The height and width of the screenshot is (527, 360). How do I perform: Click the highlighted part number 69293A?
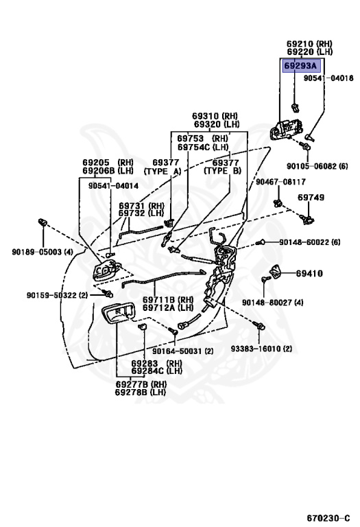click(x=300, y=66)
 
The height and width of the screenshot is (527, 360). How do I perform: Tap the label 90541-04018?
click(x=328, y=78)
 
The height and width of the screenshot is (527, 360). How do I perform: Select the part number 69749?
click(x=311, y=198)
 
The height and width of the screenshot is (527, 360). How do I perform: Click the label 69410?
click(x=309, y=273)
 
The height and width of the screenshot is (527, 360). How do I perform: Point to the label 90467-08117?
click(x=280, y=182)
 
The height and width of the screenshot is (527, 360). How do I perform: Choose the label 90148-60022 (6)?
click(x=310, y=242)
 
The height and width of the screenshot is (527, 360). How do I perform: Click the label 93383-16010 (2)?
click(x=261, y=349)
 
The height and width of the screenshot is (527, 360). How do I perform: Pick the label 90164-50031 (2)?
click(x=182, y=351)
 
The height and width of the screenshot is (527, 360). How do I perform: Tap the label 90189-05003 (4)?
click(x=43, y=252)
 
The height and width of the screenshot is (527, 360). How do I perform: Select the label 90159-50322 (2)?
click(x=57, y=295)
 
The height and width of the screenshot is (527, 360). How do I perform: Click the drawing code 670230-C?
click(x=328, y=517)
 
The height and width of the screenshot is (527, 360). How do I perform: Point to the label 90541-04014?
click(x=113, y=186)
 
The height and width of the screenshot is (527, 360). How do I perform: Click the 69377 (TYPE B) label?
click(x=223, y=167)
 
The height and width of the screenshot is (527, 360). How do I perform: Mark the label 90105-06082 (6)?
click(x=317, y=166)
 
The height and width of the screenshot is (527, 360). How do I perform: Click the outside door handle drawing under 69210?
click(x=286, y=130)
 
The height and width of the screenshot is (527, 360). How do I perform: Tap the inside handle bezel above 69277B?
click(x=117, y=313)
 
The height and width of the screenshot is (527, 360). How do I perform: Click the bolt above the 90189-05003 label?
click(x=43, y=222)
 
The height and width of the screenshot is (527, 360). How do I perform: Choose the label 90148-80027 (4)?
click(x=273, y=303)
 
